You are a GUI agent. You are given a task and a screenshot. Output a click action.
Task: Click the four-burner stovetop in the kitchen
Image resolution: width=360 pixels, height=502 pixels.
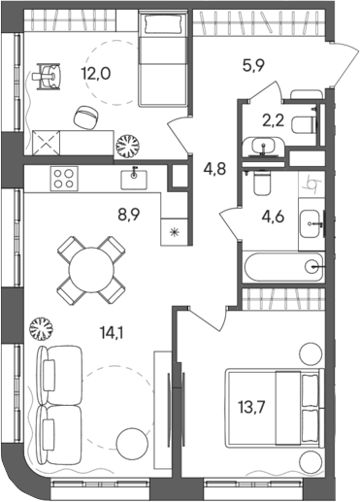(x=64, y=178)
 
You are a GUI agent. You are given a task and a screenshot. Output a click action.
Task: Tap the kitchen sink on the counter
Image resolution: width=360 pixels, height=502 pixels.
(x=133, y=176)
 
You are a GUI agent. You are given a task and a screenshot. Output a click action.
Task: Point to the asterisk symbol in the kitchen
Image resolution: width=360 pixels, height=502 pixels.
(x=175, y=233)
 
